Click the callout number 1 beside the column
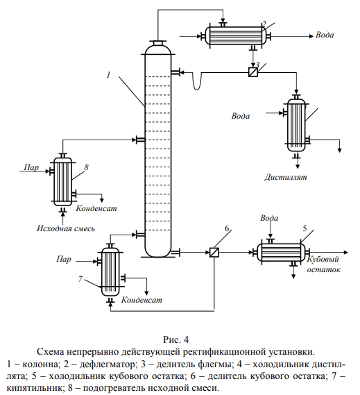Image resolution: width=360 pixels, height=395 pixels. (x=108, y=75)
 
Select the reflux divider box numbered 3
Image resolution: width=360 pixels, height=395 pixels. (x=253, y=72)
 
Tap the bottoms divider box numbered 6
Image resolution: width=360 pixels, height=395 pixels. (x=214, y=252)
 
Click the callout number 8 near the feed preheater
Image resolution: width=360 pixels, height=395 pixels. (x=86, y=167)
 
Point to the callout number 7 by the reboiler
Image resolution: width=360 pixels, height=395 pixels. (x=80, y=279)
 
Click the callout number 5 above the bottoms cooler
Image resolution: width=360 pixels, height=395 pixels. (x=305, y=228)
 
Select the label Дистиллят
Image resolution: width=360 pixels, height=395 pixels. (x=286, y=177)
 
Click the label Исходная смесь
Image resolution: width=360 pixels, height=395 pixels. (x=66, y=228)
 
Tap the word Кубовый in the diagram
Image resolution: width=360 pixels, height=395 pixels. (x=323, y=259)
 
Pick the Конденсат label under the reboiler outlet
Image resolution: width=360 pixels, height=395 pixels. (x=142, y=300)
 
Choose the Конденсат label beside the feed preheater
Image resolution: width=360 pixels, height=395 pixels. (x=96, y=208)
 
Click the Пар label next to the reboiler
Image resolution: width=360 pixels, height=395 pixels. (x=64, y=259)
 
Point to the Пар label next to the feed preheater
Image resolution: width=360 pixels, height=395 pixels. (x=31, y=167)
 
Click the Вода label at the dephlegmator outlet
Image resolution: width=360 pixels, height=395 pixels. (x=325, y=35)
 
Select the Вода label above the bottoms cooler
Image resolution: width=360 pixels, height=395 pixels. (x=269, y=218)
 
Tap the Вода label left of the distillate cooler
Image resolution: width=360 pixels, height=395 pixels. (x=241, y=116)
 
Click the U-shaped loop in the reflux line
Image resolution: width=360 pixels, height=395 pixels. (x=197, y=89)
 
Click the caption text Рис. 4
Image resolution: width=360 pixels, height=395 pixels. (x=175, y=339)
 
